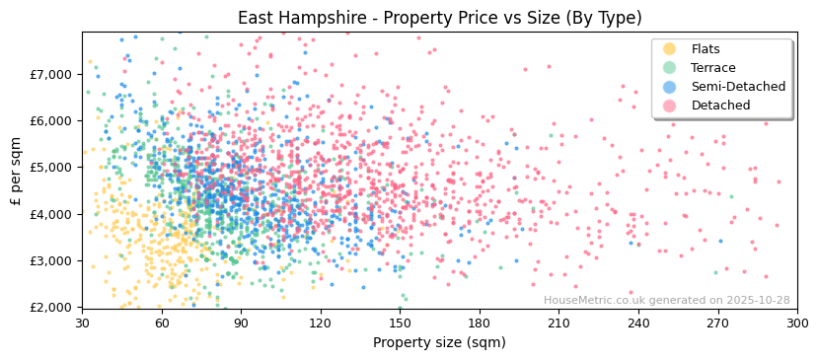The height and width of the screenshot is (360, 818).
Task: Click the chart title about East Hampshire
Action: coord(439,18)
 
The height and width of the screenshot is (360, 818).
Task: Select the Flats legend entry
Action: coord(706,49)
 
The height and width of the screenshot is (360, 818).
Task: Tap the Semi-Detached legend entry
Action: coord(738,87)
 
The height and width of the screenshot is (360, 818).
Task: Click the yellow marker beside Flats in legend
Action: coord(670,49)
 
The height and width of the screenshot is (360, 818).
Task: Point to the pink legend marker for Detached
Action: coord(670,106)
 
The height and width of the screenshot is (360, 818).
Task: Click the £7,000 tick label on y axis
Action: coord(52,74)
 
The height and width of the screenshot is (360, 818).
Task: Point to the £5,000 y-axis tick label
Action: coord(52,168)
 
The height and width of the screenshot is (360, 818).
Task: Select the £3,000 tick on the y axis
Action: coord(52,261)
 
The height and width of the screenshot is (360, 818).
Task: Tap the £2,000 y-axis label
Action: coord(52,308)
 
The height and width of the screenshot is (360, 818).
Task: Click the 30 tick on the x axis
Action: coord(82,323)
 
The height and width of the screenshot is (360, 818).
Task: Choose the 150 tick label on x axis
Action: coord(400,323)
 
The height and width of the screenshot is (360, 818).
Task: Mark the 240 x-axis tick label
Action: coord(638,323)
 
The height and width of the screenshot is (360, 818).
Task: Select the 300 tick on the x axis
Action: coord(797,323)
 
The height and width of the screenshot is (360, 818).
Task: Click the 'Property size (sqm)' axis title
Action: coord(439,342)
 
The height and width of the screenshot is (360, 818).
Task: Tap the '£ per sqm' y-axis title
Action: coord(16,170)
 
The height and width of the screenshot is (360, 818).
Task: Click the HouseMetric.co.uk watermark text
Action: coord(666,301)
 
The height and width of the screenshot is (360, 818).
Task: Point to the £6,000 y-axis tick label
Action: coord(52,120)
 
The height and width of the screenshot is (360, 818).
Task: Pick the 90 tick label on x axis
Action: coord(241,323)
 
